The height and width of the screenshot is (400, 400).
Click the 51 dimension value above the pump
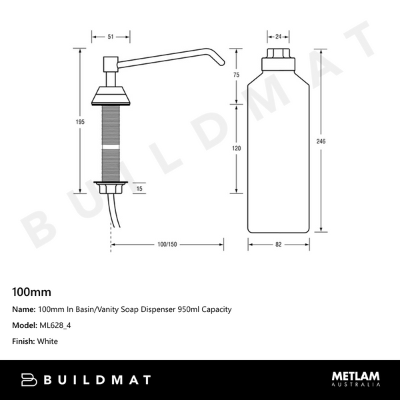pos(110,37)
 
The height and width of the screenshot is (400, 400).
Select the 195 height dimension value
pos(81,121)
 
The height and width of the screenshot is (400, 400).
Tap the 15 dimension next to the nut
pos(139,189)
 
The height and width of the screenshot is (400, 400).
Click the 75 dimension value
pos(236,75)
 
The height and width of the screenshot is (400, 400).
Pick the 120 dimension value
pos(236,149)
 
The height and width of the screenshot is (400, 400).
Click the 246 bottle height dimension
pos(322,142)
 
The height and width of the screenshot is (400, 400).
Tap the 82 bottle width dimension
pos(279,245)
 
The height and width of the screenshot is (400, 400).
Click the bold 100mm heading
pos(32,292)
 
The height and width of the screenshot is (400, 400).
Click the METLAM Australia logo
pos(356,379)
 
